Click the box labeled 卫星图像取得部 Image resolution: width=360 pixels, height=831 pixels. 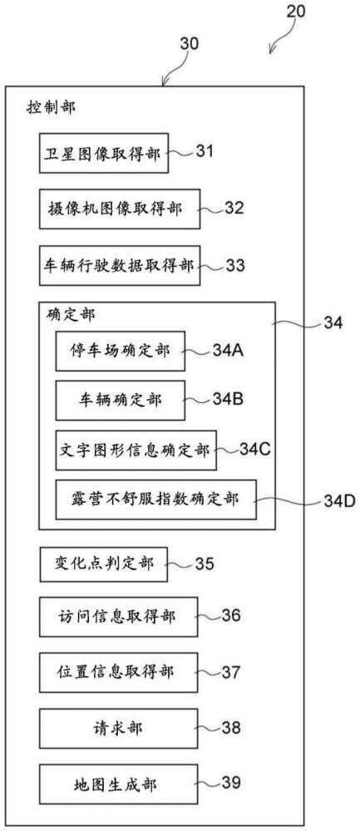pos(104,153)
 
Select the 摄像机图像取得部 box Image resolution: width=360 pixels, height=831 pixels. pos(120,209)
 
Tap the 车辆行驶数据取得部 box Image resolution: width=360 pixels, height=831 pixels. pos(120,265)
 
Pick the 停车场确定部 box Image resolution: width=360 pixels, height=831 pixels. pos(121,351)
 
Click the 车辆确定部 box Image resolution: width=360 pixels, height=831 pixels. pos(121,401)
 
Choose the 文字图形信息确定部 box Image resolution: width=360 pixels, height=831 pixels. pos(136,450)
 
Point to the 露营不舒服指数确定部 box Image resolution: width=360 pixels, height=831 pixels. pos(155,499)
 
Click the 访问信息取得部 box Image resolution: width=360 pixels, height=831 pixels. pos(119,617)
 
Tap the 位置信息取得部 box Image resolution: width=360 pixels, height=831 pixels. pos(119,673)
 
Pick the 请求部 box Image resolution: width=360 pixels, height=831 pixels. pos(119,729)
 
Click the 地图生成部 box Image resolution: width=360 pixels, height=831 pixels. pos(119,784)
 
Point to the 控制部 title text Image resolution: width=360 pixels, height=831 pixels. pos(51,108)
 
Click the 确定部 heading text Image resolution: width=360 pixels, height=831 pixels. pos(70,315)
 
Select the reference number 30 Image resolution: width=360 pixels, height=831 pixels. pos(188,43)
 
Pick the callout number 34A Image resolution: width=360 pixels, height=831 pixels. pos(228,351)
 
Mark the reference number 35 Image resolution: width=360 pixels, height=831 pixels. pos(204,564)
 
